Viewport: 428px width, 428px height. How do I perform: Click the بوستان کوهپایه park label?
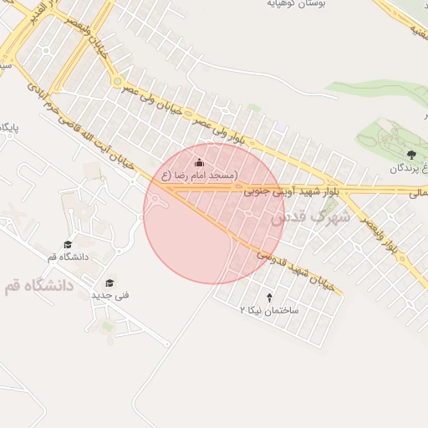tap(284, 5)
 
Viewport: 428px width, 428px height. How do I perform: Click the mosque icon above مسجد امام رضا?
tap(199, 163)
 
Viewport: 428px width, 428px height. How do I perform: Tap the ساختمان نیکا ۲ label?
tap(269, 309)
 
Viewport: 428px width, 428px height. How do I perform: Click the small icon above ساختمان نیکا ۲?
tap(269, 297)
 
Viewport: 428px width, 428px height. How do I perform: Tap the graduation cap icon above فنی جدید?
tap(110, 283)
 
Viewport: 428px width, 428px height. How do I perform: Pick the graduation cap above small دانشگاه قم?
tap(68, 244)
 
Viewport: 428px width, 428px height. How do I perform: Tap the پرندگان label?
tap(410, 168)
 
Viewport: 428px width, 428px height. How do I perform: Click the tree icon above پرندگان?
tap(410, 155)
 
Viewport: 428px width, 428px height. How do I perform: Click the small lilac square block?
tap(280, 126)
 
